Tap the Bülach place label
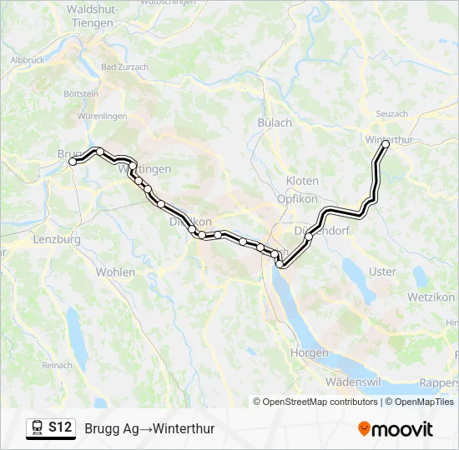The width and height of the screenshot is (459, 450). point(275,122)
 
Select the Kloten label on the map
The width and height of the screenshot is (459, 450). point(302,181)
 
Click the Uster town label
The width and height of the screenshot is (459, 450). point(382,272)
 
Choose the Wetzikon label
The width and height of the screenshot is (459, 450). point(431,297)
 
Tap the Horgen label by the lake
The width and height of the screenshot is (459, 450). point(309,352)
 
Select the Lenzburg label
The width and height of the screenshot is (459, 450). point(57,239)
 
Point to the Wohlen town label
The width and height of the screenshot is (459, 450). point(115,272)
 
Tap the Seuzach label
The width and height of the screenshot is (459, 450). point(392,113)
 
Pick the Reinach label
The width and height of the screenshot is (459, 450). point(58,365)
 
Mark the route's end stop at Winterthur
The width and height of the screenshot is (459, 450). point(386,144)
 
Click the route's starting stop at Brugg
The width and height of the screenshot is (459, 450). point(73,162)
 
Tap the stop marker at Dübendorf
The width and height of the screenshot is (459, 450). point(309,237)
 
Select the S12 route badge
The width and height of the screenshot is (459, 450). point(51,428)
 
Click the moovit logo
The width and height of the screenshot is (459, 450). point(396,429)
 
